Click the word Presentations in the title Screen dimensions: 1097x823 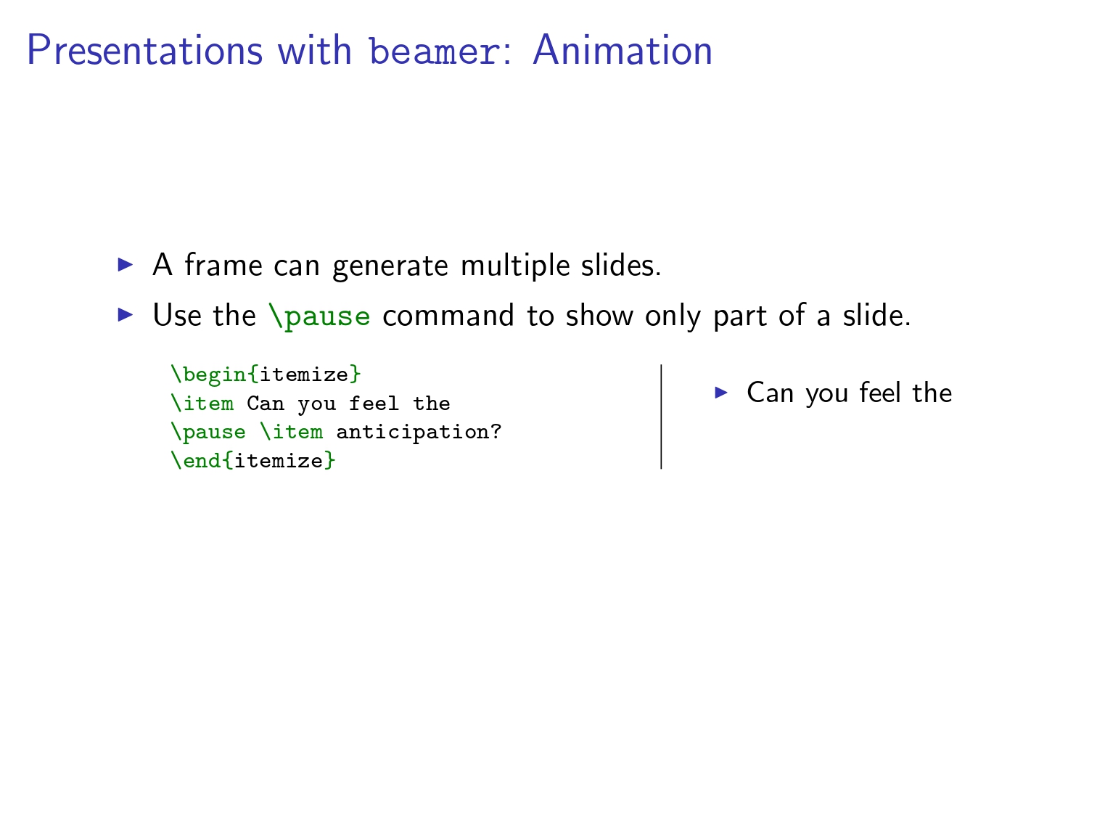[144, 50]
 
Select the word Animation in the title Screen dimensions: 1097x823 [623, 50]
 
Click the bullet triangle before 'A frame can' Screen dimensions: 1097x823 [125, 264]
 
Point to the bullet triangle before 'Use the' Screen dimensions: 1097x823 [125, 315]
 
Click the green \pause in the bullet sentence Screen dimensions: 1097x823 [319, 316]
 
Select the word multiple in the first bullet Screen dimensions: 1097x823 [515, 266]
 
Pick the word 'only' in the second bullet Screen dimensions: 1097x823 [673, 316]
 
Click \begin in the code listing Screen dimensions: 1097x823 [208, 374]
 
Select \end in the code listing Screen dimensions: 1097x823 [195, 460]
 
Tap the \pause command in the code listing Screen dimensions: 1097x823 [208, 433]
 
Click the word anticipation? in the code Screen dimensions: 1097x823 [419, 433]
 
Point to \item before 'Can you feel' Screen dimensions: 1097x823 [202, 404]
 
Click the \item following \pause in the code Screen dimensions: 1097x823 [292, 432]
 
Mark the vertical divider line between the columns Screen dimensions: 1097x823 [661, 417]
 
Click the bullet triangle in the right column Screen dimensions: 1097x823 [721, 392]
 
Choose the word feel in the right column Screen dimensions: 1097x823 [880, 392]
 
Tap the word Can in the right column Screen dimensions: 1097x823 [770, 393]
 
